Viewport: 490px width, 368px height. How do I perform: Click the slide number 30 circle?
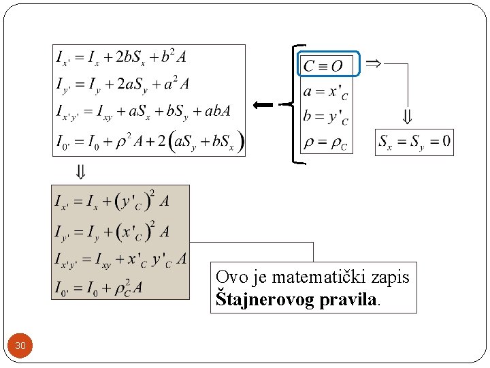(20, 346)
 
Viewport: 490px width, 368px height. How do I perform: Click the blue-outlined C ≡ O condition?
(329, 65)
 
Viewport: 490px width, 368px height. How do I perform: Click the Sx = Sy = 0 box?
(414, 142)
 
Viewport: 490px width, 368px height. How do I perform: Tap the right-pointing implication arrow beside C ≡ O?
(373, 63)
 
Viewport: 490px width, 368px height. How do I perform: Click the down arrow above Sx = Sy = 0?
(407, 117)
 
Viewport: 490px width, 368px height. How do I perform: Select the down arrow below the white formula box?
(80, 172)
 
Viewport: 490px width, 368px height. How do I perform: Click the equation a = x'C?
(325, 91)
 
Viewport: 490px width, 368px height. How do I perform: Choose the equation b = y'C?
(325, 117)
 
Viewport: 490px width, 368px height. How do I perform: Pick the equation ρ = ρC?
(325, 144)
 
